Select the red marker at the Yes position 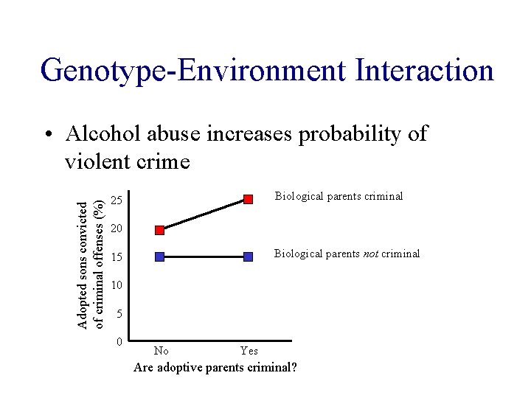pos(249,199)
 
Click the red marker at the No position pos(160,230)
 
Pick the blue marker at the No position pos(160,256)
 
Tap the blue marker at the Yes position pos(249,256)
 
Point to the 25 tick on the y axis pos(116,201)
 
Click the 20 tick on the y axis pos(116,229)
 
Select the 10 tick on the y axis pos(116,285)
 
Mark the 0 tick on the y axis pos(118,342)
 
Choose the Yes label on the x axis pos(249,351)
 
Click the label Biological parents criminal pos(339,196)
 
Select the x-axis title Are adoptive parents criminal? pos(215,366)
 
